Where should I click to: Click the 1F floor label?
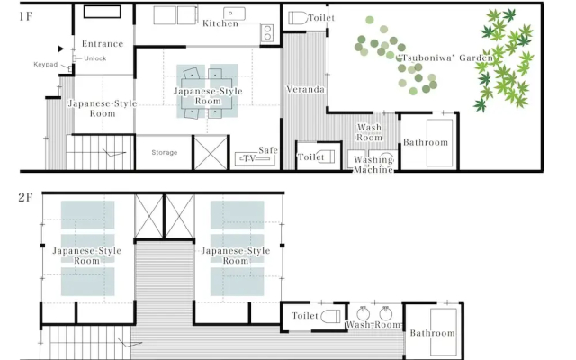[26, 16]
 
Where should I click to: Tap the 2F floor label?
[26, 198]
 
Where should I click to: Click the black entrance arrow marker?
[60, 49]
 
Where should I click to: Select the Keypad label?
[46, 65]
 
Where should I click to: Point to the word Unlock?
[95, 58]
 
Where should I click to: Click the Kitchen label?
[220, 23]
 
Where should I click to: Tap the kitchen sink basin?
[234, 13]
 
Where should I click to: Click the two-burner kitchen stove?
[267, 32]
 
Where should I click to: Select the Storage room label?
[165, 152]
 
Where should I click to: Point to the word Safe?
[268, 150]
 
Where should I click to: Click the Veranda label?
[305, 90]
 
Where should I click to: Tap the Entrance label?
[103, 44]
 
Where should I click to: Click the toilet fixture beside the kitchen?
[298, 18]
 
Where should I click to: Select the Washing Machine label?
[373, 165]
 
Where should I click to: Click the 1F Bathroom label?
[426, 142]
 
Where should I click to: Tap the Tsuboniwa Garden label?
[445, 58]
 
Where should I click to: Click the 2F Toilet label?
[305, 316]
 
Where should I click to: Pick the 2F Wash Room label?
[373, 325]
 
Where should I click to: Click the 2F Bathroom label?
[432, 333]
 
